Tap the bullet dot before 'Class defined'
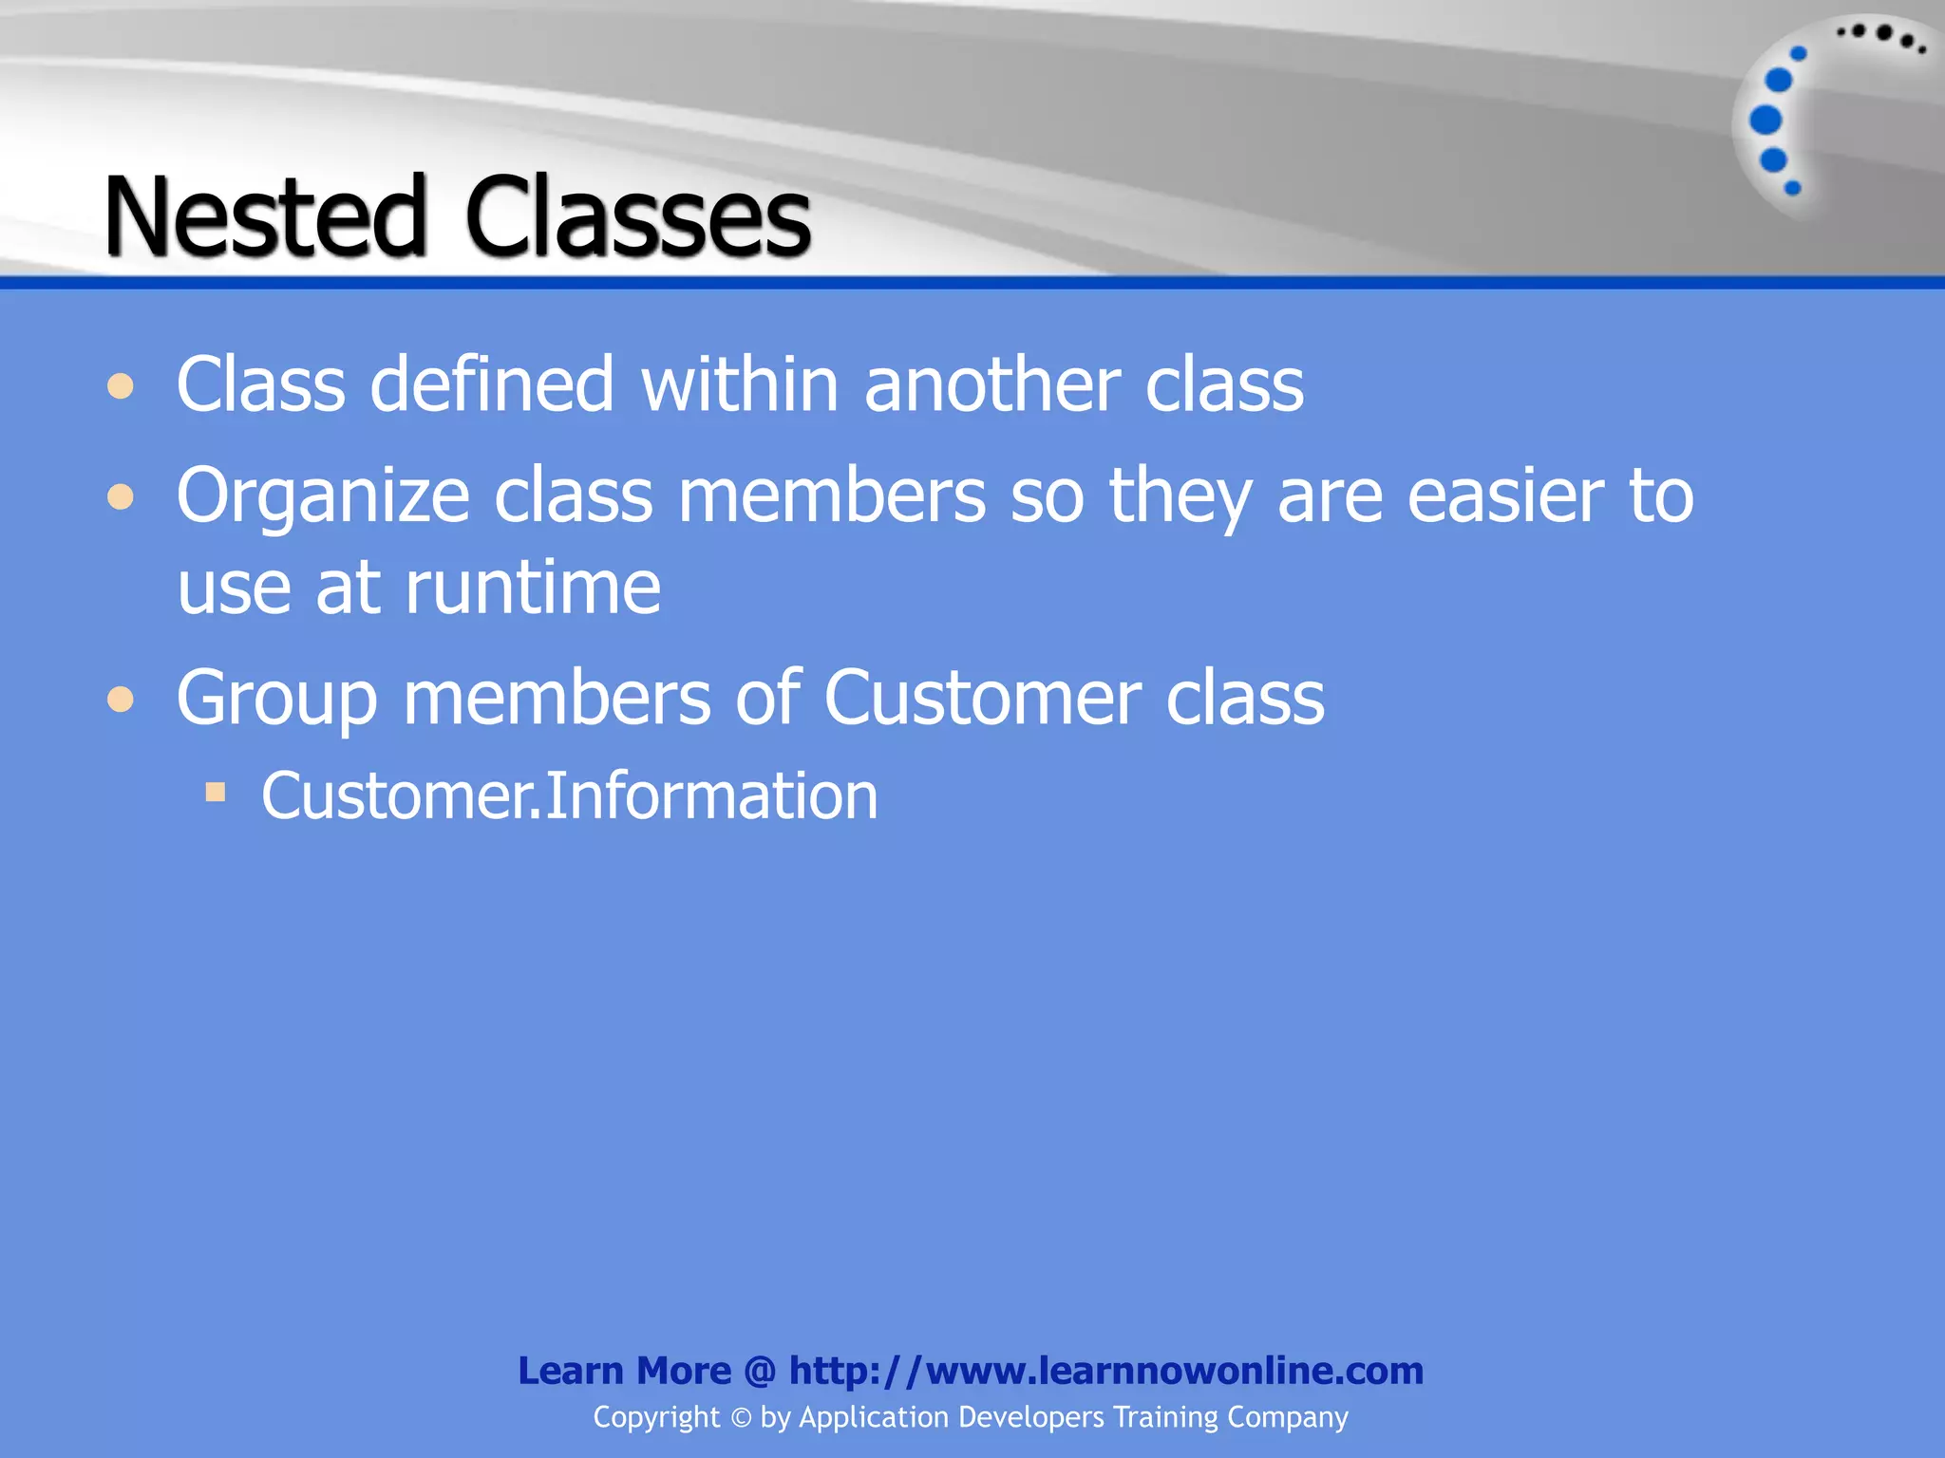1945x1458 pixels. [x=121, y=386]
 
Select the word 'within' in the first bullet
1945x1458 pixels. [x=740, y=384]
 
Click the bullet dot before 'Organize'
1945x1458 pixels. [x=121, y=496]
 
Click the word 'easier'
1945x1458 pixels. [x=1505, y=496]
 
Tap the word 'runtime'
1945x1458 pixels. [x=533, y=588]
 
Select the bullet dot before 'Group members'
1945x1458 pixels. [x=121, y=701]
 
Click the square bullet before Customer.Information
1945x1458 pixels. [x=216, y=792]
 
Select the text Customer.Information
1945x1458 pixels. [x=569, y=795]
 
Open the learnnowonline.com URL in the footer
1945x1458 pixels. [x=1105, y=1371]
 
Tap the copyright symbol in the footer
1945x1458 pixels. [x=740, y=1418]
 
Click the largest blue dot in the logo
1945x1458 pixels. [x=1766, y=121]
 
